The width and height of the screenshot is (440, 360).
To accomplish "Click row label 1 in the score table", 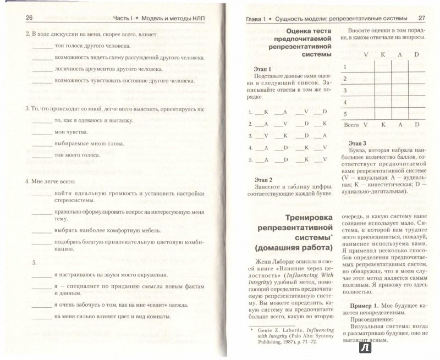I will [344, 67].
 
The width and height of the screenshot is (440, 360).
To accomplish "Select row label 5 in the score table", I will [344, 113].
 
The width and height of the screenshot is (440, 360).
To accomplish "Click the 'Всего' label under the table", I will [351, 125].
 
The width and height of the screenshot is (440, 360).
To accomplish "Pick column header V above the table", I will [366, 54].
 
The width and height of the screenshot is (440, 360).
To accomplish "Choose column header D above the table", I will [416, 54].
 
